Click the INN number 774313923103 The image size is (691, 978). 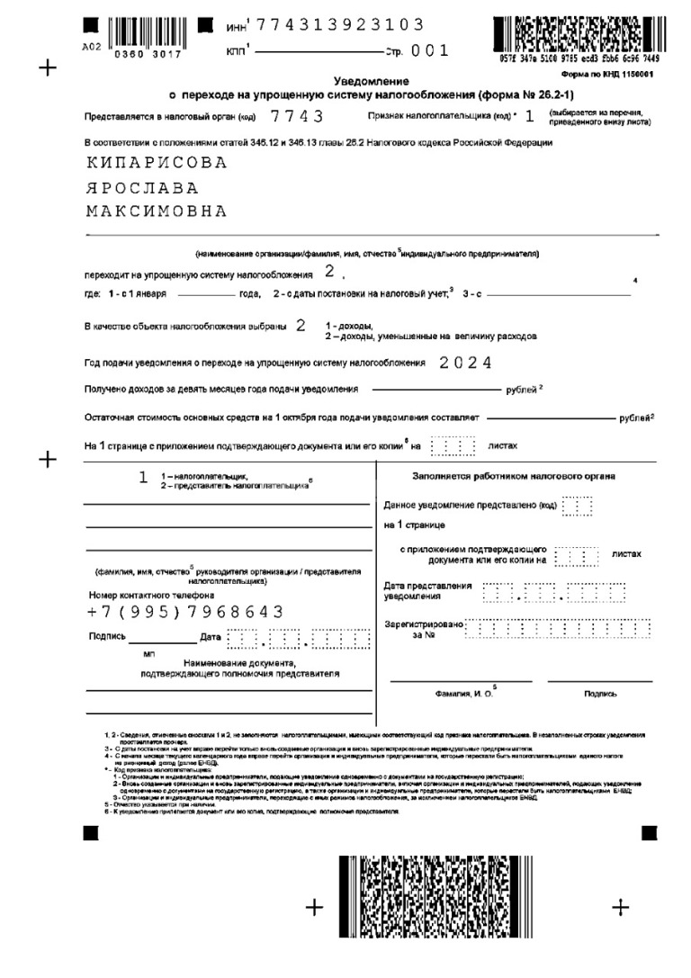coord(340,25)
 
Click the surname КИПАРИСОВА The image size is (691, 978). coord(157,164)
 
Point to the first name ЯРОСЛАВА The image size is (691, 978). coord(142,188)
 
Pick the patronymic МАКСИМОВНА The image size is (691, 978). coord(157,212)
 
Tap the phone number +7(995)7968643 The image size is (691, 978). coord(185,612)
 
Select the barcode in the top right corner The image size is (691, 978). coord(585,34)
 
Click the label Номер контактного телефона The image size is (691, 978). coord(151,595)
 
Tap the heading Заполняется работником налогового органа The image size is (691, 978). coord(514,475)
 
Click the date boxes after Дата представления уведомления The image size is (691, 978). coord(553,593)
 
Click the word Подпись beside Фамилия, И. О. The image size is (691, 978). coord(600,694)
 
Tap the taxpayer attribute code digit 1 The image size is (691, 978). coord(530,115)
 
